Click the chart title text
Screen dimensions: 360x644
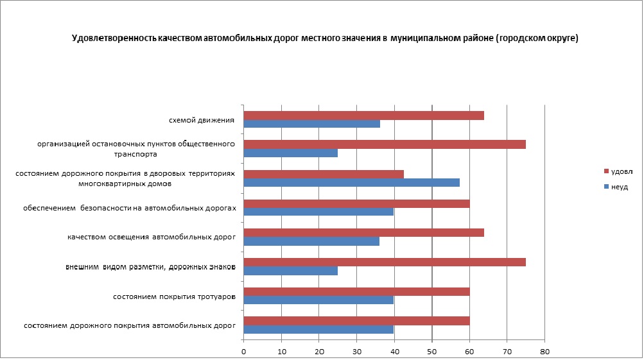pos(325,39)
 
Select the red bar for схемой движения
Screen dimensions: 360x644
pos(364,115)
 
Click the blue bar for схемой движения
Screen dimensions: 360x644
pos(312,123)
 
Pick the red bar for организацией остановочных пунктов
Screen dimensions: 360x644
pos(385,144)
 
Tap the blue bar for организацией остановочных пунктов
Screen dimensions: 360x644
pos(291,153)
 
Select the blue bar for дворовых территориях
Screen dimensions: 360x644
pos(352,182)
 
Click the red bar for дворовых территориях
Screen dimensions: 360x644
pos(324,174)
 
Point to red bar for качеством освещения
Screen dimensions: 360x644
pos(364,233)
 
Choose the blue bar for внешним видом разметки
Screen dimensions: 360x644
pos(291,271)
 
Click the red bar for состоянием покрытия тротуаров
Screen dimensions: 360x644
pos(357,291)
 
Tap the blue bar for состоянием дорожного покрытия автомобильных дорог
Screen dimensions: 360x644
pos(318,329)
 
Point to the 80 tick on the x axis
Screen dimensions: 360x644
pos(544,352)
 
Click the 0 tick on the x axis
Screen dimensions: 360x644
pos(244,352)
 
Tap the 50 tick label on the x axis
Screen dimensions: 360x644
pos(432,352)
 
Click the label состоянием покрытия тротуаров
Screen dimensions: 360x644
pos(174,296)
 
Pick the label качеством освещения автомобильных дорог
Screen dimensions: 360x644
pos(152,237)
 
